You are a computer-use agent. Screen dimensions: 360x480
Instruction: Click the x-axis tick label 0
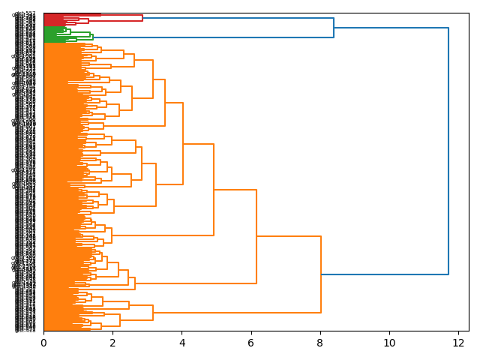pos(43,343)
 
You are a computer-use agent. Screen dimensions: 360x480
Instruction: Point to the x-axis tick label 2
pos(112,343)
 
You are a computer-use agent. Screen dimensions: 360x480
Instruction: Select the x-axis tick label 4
pos(181,343)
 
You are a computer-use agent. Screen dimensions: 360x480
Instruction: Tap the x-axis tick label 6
pos(251,343)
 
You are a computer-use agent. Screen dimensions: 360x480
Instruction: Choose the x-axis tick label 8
pos(320,343)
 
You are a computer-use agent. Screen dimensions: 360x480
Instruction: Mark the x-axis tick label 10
pos(389,343)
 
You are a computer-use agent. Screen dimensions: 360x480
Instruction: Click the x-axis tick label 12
pos(458,343)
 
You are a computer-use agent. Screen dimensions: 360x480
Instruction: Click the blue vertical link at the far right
pos(448,150)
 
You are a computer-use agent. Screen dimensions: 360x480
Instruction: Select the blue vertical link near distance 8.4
pos(334,28)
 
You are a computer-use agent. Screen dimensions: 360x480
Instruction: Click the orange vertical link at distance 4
pos(183,143)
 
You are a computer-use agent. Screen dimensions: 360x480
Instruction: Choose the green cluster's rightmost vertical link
pos(93,35)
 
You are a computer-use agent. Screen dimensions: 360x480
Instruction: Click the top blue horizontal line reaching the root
pos(390,28)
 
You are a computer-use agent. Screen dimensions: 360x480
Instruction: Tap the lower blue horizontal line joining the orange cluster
pos(384,274)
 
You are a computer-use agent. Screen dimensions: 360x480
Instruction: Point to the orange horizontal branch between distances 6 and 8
pos(289,236)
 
